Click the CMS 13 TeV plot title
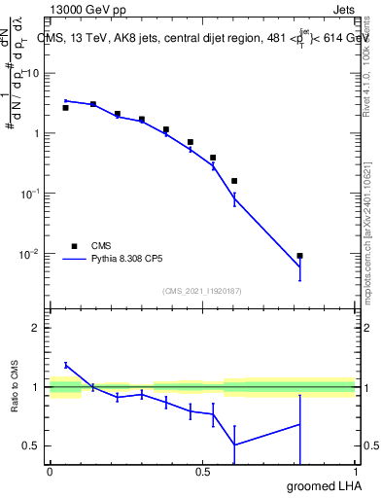pos(205,39)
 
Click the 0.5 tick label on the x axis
pos(202,471)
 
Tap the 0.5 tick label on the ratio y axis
pos(33,445)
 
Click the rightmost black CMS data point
pos(299,256)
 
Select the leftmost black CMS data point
pos(65,108)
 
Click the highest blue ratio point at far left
pos(65,365)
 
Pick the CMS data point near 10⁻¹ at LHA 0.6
pos(234,181)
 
